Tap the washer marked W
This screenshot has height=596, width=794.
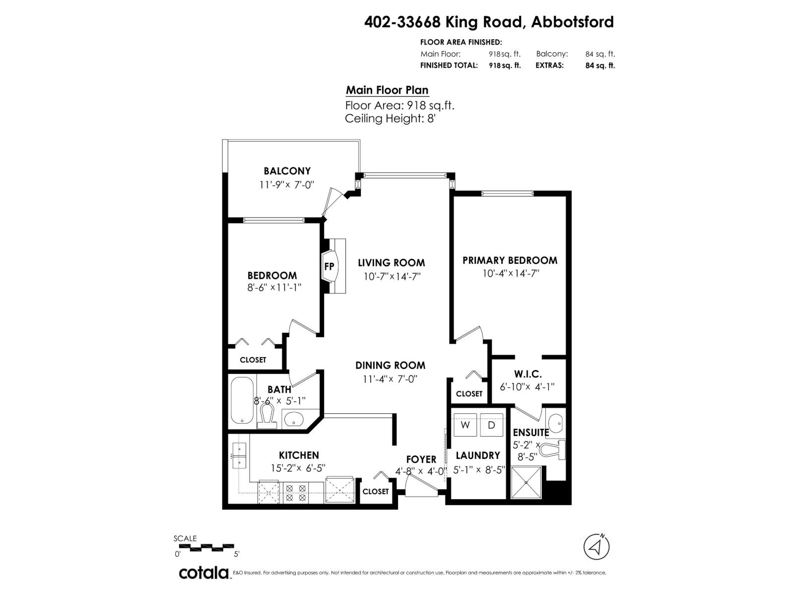465,425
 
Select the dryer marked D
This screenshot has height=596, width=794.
491,425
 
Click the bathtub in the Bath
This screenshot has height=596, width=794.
242,401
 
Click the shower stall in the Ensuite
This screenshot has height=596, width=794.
527,482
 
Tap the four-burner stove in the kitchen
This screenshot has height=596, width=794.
296,493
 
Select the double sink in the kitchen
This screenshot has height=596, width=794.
240,455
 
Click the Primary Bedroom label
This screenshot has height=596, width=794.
510,261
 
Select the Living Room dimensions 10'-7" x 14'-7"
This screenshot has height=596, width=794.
392,277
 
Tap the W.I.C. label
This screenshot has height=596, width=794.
528,374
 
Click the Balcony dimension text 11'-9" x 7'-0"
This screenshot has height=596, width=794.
286,185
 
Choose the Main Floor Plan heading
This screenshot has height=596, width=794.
387,90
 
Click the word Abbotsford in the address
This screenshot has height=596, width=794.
572,22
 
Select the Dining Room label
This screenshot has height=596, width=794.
391,365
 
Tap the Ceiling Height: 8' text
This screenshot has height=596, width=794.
390,118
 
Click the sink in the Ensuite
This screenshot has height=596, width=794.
555,423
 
